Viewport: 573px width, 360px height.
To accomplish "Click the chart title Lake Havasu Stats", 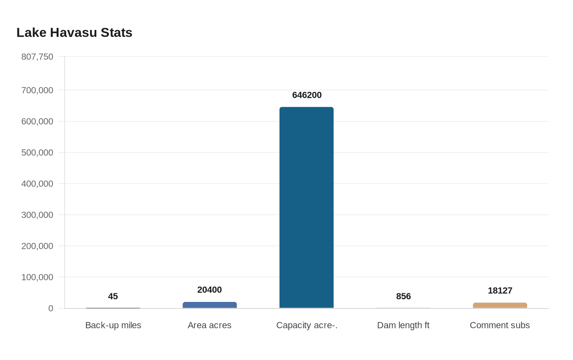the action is click(x=74, y=33).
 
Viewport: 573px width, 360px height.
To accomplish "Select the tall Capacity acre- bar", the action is click(x=307, y=207).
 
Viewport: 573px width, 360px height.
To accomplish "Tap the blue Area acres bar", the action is click(x=210, y=305).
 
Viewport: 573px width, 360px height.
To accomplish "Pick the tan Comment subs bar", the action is click(x=500, y=306).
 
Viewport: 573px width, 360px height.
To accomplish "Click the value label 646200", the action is click(x=307, y=95).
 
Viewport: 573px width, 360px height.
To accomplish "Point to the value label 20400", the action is click(x=210, y=290).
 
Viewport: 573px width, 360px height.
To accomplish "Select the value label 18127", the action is click(x=500, y=291).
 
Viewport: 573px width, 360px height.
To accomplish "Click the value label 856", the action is click(x=404, y=296).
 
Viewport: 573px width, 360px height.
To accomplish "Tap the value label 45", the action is click(x=113, y=296).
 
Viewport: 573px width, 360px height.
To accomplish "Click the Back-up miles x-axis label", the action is click(x=113, y=325).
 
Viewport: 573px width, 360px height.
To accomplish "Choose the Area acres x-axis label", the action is click(x=210, y=325).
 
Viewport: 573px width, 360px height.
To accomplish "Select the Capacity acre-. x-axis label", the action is click(x=307, y=325).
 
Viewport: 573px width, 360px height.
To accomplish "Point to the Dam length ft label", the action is click(x=403, y=325).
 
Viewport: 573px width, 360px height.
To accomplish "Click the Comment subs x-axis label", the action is click(x=500, y=325).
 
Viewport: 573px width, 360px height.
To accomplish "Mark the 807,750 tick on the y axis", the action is click(x=37, y=57).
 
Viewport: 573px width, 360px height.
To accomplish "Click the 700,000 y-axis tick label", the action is click(x=37, y=90).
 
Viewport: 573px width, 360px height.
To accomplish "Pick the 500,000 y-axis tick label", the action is click(x=37, y=153).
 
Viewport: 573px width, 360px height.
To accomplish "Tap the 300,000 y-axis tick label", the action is click(x=37, y=215).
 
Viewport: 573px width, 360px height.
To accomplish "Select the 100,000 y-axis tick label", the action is click(x=37, y=277).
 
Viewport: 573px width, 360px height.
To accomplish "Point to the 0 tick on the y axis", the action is click(x=51, y=308).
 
